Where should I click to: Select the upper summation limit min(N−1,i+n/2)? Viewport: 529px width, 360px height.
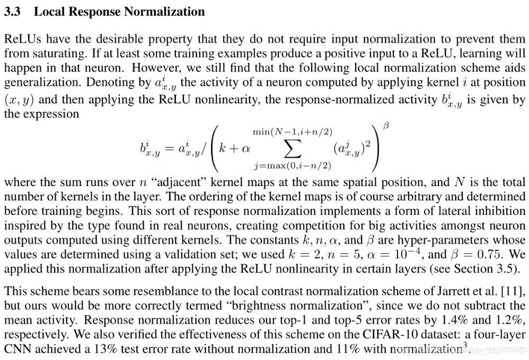click(293, 131)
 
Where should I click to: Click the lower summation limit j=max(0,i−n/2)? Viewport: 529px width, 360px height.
click(293, 166)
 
